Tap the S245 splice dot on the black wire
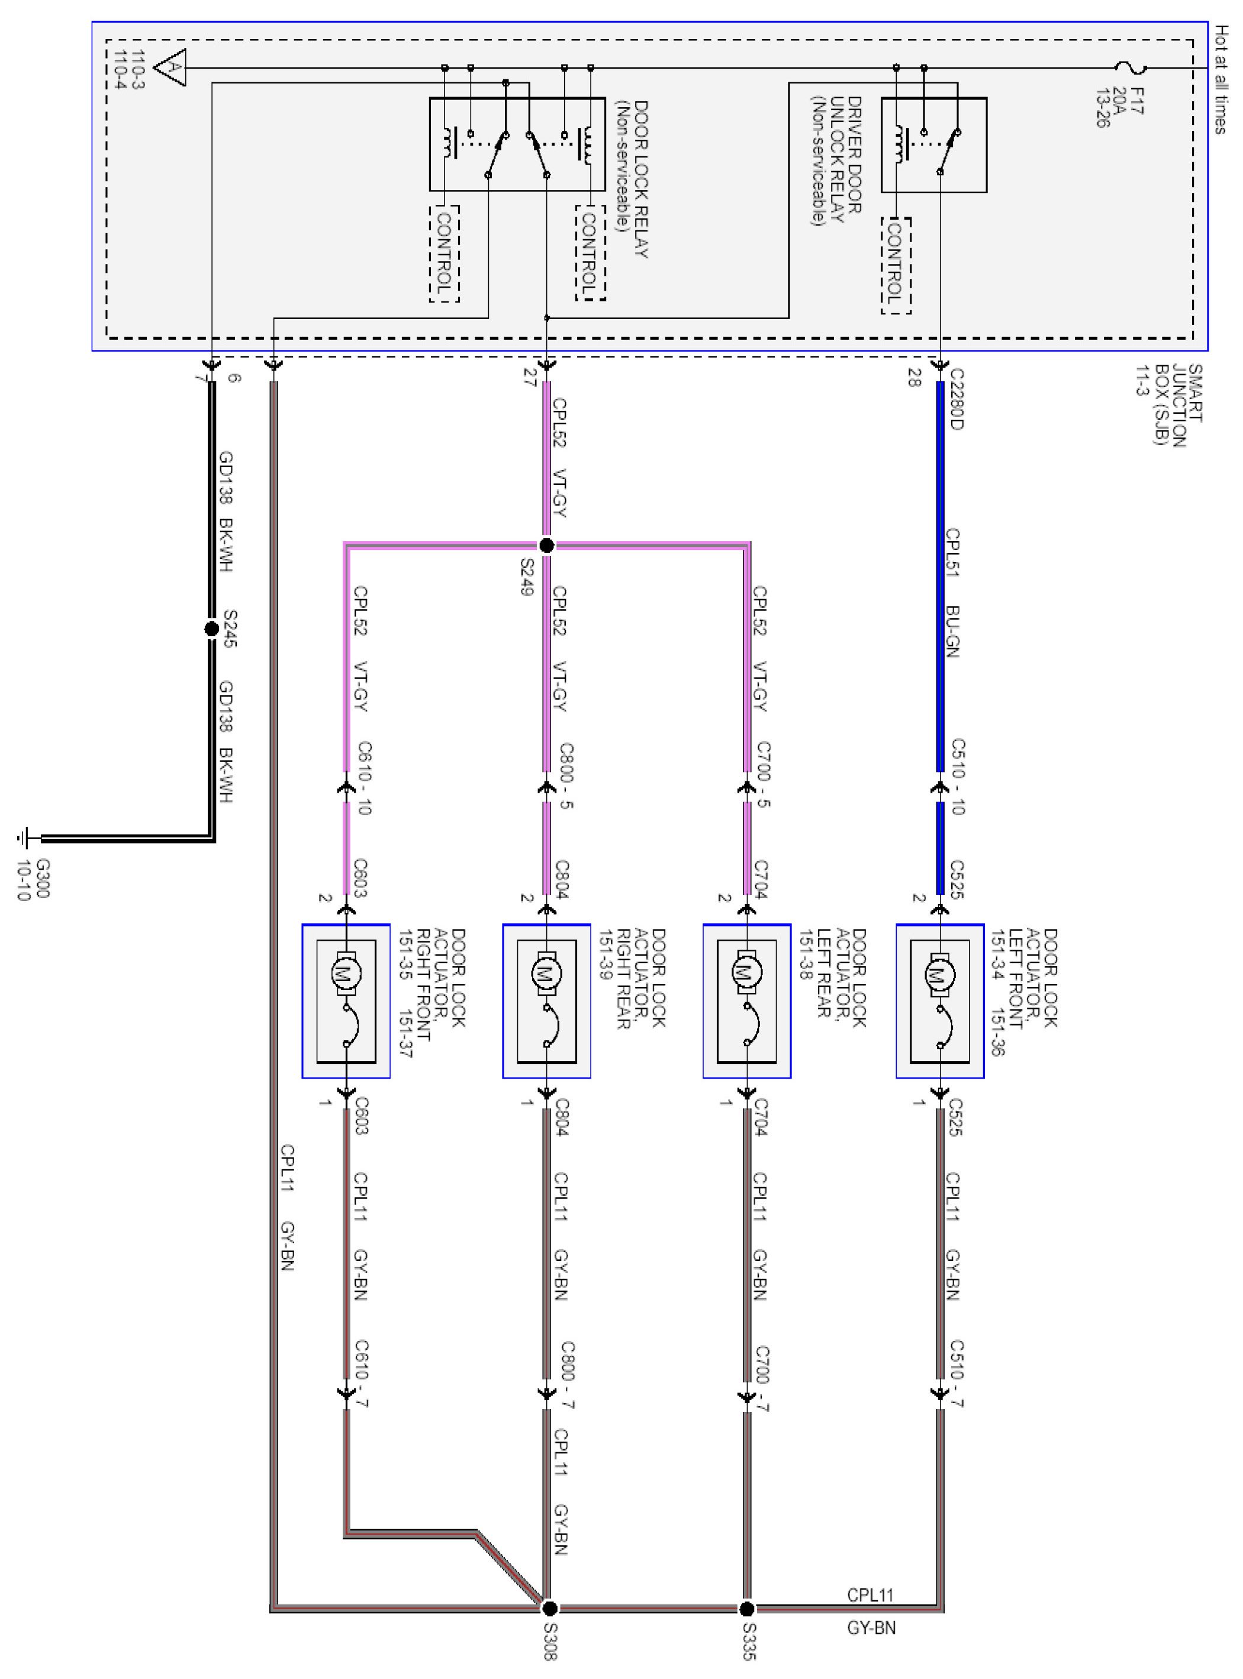coord(212,628)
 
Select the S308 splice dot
coord(550,1609)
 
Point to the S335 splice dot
coord(746,1609)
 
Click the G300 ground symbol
coord(25,838)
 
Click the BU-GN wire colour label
coord(952,632)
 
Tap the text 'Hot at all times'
coord(1221,79)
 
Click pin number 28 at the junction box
coord(914,378)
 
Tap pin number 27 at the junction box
coord(530,378)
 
